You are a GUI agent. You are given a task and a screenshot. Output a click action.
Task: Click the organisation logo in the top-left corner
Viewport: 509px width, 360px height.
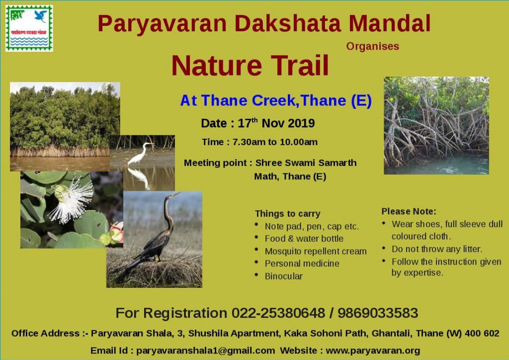29,28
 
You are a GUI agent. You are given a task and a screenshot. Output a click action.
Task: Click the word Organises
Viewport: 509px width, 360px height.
373,46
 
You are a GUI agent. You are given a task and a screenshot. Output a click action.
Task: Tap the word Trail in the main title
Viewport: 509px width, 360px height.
300,65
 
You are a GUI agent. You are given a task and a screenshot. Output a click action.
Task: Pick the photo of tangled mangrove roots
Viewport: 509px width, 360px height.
436,126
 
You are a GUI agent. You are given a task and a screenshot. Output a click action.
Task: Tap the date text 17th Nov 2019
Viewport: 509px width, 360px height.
276,123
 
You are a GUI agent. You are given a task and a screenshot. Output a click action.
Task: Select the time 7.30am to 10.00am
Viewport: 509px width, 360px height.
275,142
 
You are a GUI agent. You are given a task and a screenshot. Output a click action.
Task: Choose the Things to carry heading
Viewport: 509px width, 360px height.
288,214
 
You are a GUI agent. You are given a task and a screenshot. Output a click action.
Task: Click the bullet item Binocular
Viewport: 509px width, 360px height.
284,276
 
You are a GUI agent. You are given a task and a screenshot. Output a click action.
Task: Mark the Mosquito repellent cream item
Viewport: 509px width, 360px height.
316,251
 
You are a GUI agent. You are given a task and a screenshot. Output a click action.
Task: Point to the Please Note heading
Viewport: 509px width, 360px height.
409,211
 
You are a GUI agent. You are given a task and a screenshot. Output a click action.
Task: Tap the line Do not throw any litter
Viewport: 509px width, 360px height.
437,249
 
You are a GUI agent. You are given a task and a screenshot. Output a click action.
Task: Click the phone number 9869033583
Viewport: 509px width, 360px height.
378,313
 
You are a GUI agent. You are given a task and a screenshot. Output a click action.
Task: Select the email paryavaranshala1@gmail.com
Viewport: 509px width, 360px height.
205,351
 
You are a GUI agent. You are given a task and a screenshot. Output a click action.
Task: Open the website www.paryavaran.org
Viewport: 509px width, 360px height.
373,351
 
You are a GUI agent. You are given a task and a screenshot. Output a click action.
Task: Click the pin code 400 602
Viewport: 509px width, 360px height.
482,333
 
